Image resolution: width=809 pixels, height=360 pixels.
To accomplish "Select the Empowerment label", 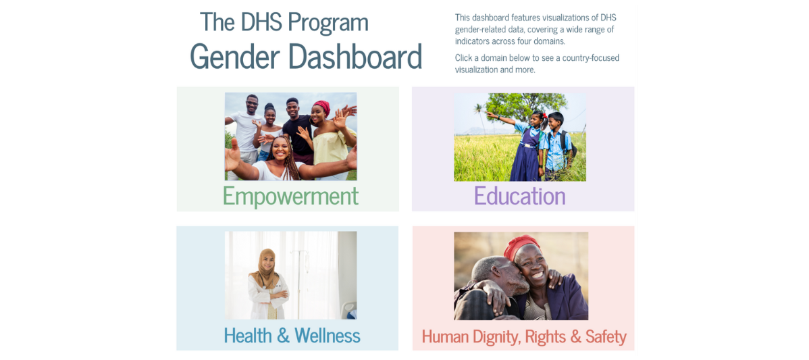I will click(290, 196).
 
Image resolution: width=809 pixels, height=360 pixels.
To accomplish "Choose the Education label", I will click(519, 196).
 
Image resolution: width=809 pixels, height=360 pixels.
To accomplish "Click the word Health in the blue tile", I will click(248, 335).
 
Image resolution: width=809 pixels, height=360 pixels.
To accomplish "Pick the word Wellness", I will click(327, 335).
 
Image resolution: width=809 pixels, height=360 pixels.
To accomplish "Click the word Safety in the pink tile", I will click(606, 336).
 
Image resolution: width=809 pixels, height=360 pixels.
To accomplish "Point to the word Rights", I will click(546, 336).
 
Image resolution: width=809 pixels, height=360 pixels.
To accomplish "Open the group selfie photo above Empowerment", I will click(290, 136).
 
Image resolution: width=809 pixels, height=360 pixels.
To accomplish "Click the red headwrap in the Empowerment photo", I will click(321, 107).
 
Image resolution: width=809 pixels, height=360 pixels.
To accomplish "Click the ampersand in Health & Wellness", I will click(284, 335).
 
